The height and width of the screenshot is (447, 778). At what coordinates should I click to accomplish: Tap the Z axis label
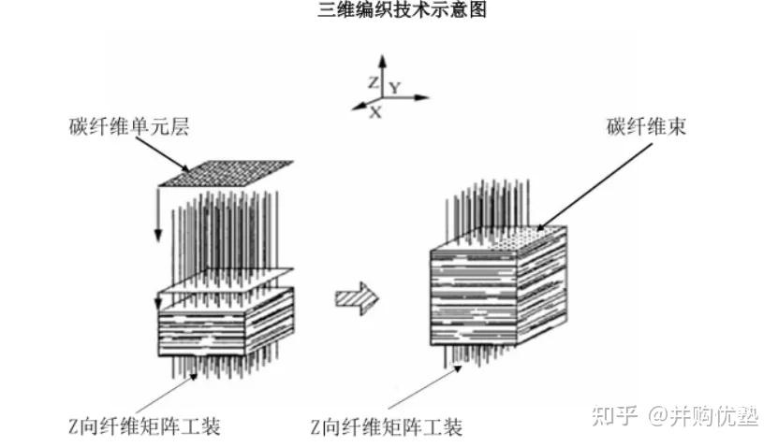tap(373, 82)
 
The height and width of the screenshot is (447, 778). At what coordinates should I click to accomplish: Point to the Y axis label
tap(396, 87)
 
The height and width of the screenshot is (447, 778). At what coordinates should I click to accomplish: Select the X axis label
tap(375, 111)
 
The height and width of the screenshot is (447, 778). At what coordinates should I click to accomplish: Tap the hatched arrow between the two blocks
tap(357, 297)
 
